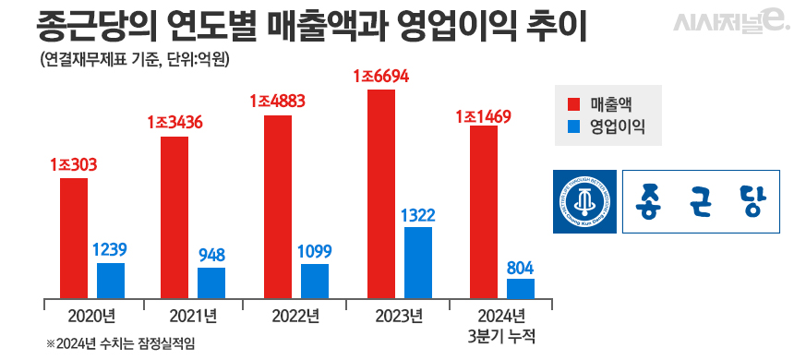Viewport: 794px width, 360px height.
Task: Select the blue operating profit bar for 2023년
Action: coord(418,262)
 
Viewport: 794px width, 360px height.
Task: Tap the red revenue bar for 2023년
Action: coord(380,194)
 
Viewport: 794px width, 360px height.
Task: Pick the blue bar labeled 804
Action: coord(521,288)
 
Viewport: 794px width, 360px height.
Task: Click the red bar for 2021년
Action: coord(174,217)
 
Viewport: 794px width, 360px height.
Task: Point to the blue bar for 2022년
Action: coord(315,281)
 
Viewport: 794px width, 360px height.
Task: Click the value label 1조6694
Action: coord(380,76)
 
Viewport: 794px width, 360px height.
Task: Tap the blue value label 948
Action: coord(211,255)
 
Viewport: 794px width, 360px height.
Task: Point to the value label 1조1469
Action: coord(484,116)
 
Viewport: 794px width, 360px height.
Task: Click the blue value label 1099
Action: coord(314,251)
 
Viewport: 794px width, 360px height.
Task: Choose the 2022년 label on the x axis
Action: coord(295,316)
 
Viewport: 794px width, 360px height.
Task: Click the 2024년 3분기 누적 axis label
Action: coord(502,324)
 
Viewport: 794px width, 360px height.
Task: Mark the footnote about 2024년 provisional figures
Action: coord(121,343)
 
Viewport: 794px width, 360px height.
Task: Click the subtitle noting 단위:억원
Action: coord(128,61)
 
